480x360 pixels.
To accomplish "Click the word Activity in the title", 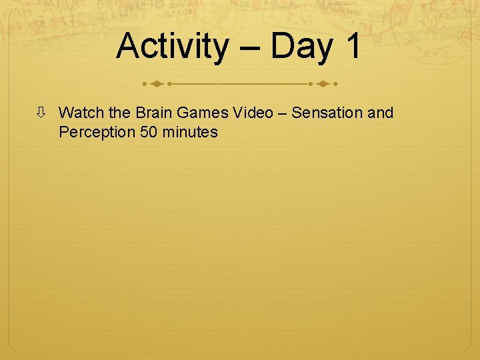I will pyautogui.click(x=171, y=47).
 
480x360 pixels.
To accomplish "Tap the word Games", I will pyautogui.click(x=200, y=113).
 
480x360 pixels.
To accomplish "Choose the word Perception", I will pyautogui.click(x=97, y=133).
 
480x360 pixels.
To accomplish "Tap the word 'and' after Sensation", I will pyautogui.click(x=381, y=113).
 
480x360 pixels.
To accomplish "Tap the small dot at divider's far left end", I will pyautogui.click(x=145, y=85).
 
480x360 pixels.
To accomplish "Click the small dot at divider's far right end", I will pyautogui.click(x=335, y=85).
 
